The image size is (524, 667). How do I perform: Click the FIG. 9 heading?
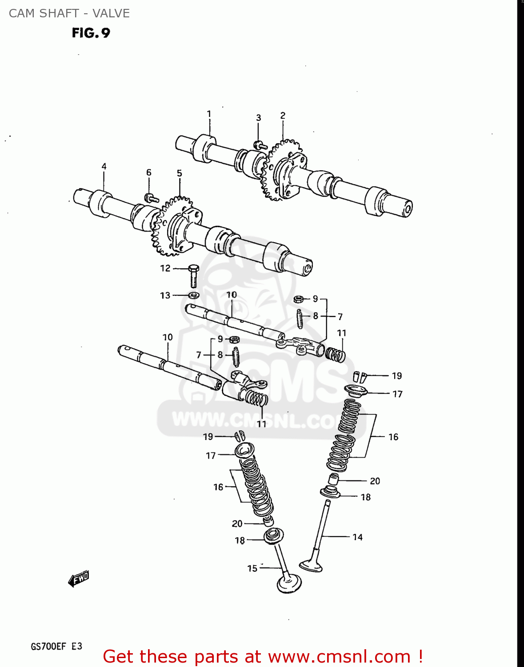(x=91, y=33)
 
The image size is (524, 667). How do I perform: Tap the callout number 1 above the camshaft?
(x=209, y=114)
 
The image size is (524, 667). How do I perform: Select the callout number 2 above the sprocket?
(x=283, y=116)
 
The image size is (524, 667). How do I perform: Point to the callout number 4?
(x=104, y=167)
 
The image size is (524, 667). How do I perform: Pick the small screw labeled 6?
(x=151, y=197)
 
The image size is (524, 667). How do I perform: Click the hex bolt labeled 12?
(x=193, y=275)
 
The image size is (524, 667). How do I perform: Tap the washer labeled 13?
(x=194, y=295)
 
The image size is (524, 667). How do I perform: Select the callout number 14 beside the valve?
(x=357, y=537)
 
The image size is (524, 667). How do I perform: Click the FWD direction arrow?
(x=79, y=579)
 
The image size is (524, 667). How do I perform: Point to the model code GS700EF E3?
(x=56, y=647)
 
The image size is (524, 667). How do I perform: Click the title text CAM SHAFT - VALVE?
(x=69, y=13)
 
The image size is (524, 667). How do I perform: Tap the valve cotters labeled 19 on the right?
(x=360, y=377)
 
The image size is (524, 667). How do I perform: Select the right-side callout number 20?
(x=375, y=481)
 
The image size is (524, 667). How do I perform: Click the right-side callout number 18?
(x=365, y=497)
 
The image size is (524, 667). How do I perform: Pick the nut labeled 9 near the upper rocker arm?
(x=299, y=299)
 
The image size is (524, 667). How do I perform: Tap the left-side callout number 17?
(x=211, y=456)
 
